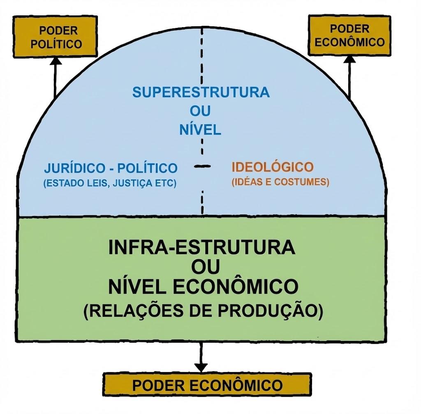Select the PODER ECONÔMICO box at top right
pos(349,35)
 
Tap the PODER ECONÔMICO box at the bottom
pos(207,385)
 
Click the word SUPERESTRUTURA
pos(201,92)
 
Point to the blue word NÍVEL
pos(200,130)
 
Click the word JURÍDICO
pos(76,168)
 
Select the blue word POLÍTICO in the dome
pos(148,168)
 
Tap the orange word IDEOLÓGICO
pos(273,167)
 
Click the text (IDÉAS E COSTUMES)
pos(280,182)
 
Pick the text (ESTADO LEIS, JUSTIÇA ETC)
pos(110,183)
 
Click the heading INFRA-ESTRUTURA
pos(201,248)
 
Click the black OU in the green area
pos(205,267)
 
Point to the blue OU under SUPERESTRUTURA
pos(200,111)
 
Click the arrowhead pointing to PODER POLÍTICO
pos(56,60)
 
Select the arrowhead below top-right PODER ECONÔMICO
pos(350,59)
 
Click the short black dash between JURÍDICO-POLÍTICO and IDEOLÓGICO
pos(202,166)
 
